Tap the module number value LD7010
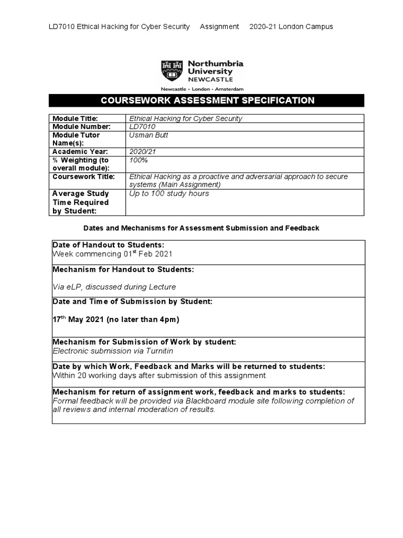point(142,127)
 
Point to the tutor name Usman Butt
point(147,135)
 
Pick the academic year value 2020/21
point(142,151)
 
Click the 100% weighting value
point(139,160)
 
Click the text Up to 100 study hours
point(169,193)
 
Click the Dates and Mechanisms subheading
point(201,228)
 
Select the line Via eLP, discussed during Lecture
point(114,287)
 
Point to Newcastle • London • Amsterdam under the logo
point(201,89)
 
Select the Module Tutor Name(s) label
point(76,139)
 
